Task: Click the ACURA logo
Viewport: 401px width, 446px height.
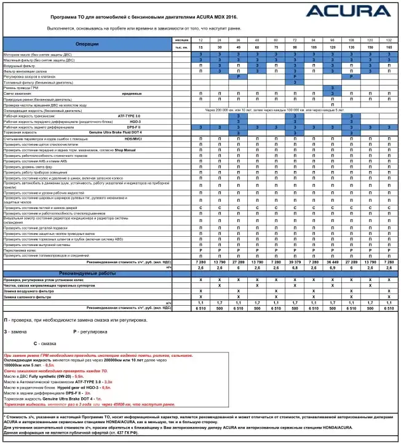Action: coord(348,11)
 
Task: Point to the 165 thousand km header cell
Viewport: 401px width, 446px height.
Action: coord(389,47)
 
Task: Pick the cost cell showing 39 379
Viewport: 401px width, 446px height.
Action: coord(294,262)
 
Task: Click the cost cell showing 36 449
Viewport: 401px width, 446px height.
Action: coord(332,262)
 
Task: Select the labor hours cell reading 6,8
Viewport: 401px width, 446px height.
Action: coord(294,268)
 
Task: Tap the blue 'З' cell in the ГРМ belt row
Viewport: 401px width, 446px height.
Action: coord(332,87)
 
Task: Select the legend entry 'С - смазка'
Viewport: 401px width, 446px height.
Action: coord(47,343)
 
